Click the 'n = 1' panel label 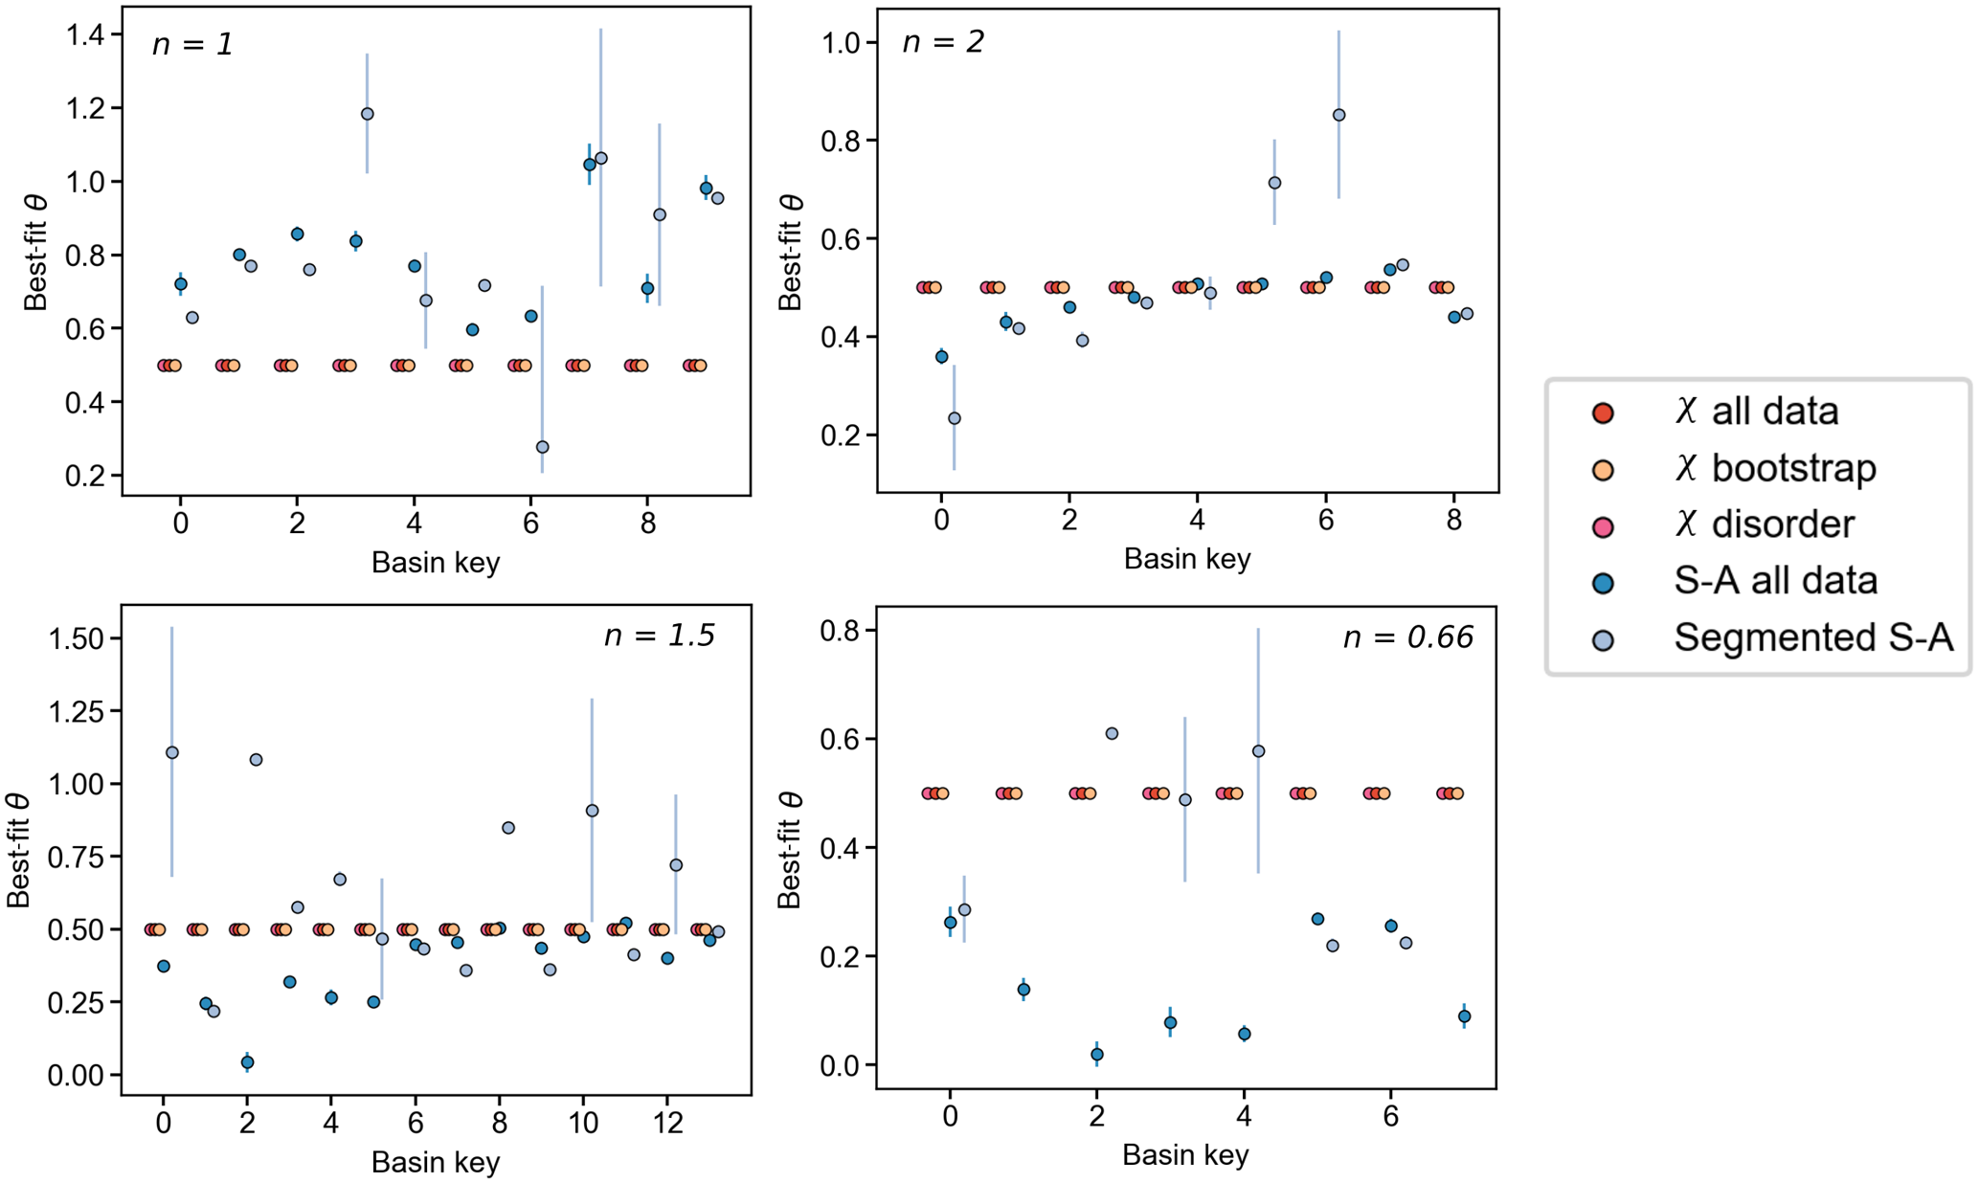click(x=192, y=45)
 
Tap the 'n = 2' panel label click(x=943, y=42)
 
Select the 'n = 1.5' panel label click(x=660, y=636)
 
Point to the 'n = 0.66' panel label click(x=1407, y=637)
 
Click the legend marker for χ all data click(x=1603, y=413)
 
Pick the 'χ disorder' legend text click(x=1764, y=525)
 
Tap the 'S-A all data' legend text click(x=1775, y=581)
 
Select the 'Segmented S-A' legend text click(x=1812, y=637)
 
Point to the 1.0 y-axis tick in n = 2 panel click(x=843, y=43)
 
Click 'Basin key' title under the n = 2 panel click(x=1187, y=559)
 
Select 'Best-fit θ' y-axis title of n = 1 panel click(x=35, y=252)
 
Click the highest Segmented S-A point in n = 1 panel click(x=367, y=114)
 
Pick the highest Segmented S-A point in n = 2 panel click(x=1338, y=115)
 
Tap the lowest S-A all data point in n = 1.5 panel click(x=247, y=1062)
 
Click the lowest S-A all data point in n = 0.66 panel click(x=1097, y=1055)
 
